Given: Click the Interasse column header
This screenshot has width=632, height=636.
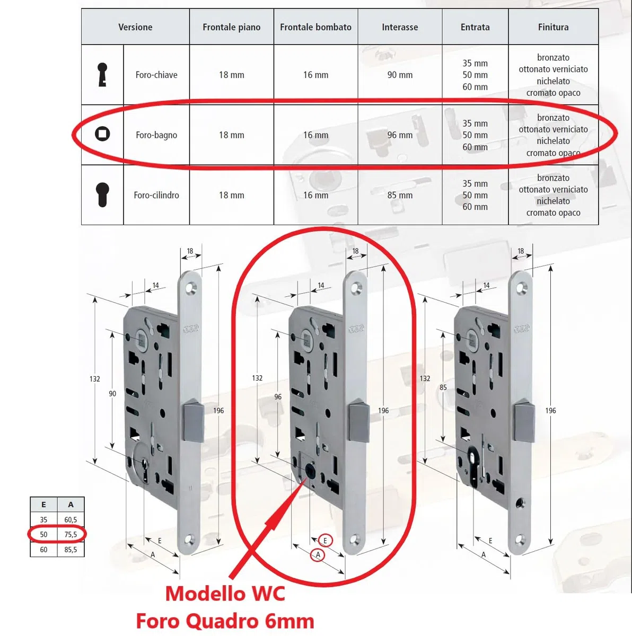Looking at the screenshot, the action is pyautogui.click(x=400, y=27).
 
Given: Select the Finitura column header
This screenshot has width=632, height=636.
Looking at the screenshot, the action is pyautogui.click(x=553, y=27).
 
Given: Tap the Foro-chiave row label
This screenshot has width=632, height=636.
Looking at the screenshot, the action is pyautogui.click(x=156, y=75).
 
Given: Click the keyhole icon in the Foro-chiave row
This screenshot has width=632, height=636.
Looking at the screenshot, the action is pyautogui.click(x=102, y=75).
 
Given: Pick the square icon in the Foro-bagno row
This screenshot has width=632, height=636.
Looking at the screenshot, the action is pyautogui.click(x=102, y=134).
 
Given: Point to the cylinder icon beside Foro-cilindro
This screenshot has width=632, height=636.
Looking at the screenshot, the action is pyautogui.click(x=102, y=195).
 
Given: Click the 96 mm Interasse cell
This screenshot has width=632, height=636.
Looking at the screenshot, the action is pyautogui.click(x=400, y=135).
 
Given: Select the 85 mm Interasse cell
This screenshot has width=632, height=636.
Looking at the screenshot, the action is pyautogui.click(x=400, y=195).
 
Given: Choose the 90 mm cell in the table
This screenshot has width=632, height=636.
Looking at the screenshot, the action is pyautogui.click(x=400, y=75).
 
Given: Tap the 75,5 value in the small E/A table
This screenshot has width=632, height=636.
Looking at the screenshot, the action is pyautogui.click(x=71, y=534).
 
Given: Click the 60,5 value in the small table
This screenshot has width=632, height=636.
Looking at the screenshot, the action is pyautogui.click(x=71, y=519).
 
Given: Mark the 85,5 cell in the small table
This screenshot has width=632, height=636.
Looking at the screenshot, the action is pyautogui.click(x=71, y=550).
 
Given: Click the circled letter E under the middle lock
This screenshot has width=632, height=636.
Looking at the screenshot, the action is pyautogui.click(x=325, y=541).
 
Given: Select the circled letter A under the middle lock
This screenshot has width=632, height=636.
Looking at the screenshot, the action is pyautogui.click(x=318, y=555).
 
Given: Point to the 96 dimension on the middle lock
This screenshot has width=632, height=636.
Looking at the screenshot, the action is pyautogui.click(x=278, y=397).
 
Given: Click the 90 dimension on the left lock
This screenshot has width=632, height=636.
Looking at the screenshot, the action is pyautogui.click(x=112, y=394).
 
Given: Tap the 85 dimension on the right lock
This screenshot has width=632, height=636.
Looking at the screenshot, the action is pyautogui.click(x=443, y=387).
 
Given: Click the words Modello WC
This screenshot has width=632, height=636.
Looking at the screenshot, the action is pyautogui.click(x=225, y=594).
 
